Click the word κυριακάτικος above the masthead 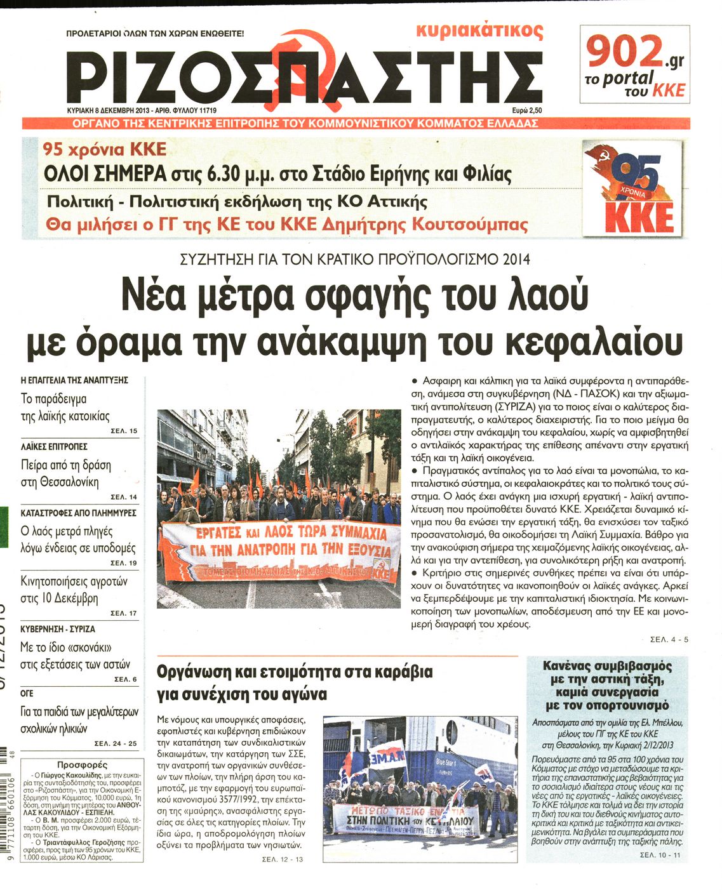(x=479, y=30)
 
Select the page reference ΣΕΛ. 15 (x=123, y=431)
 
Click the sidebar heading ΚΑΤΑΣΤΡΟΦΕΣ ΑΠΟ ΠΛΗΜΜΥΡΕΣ (x=78, y=512)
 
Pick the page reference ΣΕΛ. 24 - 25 (x=115, y=743)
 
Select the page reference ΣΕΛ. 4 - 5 (x=669, y=639)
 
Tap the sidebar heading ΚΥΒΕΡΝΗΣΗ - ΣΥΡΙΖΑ (x=58, y=629)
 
